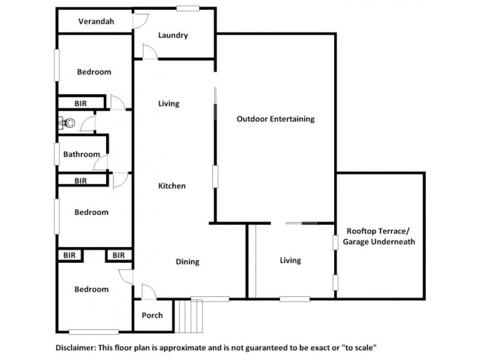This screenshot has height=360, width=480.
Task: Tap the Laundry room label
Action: pyautogui.click(x=173, y=35)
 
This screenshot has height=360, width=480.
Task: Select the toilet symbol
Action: pyautogui.click(x=68, y=123)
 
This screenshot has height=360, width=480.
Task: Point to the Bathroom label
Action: pyautogui.click(x=82, y=154)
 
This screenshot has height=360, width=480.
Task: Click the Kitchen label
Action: pyautogui.click(x=172, y=186)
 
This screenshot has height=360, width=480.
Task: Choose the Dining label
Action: pyautogui.click(x=187, y=262)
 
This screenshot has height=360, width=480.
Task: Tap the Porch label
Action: pyautogui.click(x=152, y=316)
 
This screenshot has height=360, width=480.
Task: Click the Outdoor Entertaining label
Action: pyautogui.click(x=275, y=119)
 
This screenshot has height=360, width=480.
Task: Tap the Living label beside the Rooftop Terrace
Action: pyautogui.click(x=290, y=260)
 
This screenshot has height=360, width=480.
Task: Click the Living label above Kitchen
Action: pyautogui.click(x=169, y=104)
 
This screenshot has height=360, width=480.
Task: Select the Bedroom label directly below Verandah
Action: pyautogui.click(x=94, y=72)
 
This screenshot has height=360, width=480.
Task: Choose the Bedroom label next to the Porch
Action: pyautogui.click(x=91, y=289)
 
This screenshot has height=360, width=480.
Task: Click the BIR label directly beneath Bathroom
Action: pyautogui.click(x=80, y=181)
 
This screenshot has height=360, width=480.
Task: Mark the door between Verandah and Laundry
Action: pyautogui.click(x=140, y=22)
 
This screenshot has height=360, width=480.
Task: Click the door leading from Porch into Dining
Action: pyautogui.click(x=149, y=292)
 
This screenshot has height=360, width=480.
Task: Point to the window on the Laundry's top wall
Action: pyautogui.click(x=188, y=8)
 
